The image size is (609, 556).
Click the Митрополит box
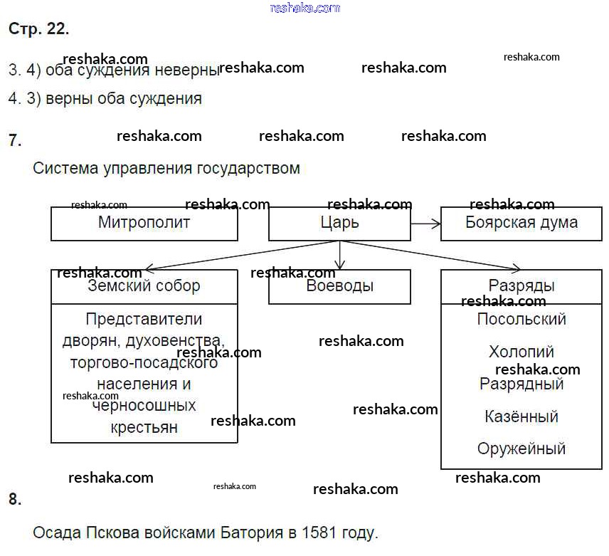tap(144, 223)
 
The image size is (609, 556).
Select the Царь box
tap(339, 223)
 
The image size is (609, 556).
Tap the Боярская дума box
tap(521, 223)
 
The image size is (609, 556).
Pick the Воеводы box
tap(339, 286)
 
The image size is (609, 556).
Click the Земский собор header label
tap(144, 286)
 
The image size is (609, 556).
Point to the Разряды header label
tap(521, 286)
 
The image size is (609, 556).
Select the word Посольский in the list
tap(521, 319)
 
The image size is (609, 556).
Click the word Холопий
tap(521, 352)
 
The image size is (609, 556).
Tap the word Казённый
tap(521, 416)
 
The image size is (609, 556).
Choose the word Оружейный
tap(521, 449)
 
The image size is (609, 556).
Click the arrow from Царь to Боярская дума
tap(426, 224)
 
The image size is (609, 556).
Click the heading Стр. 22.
tap(38, 29)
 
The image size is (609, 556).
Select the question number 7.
tap(15, 140)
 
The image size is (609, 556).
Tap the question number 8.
tap(15, 499)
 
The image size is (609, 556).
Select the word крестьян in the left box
tap(144, 428)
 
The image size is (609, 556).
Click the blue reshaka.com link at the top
tap(305, 8)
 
